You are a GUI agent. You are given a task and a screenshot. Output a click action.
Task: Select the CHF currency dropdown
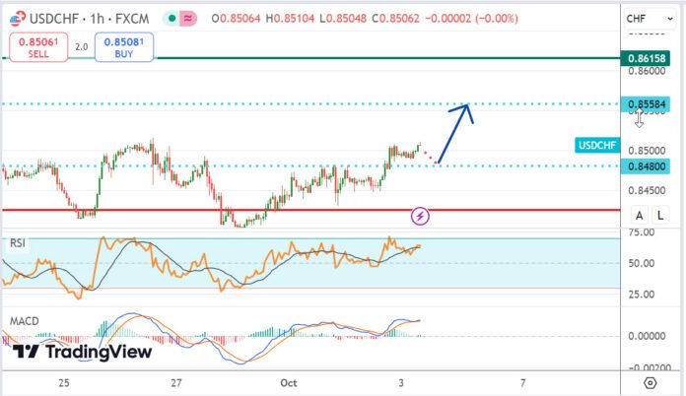click(x=645, y=18)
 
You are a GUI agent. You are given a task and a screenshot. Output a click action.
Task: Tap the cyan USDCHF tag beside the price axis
click(x=597, y=145)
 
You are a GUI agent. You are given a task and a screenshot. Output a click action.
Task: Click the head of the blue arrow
click(x=466, y=106)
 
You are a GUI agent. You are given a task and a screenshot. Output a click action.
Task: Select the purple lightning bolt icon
click(x=421, y=215)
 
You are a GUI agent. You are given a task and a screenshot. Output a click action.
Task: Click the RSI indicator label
click(x=18, y=242)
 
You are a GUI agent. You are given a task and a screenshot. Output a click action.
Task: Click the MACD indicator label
click(x=25, y=321)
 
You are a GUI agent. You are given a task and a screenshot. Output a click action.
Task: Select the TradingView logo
click(x=83, y=351)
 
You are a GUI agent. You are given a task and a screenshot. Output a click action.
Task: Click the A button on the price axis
click(x=640, y=216)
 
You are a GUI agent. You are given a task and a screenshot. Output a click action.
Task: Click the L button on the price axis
click(x=659, y=216)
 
